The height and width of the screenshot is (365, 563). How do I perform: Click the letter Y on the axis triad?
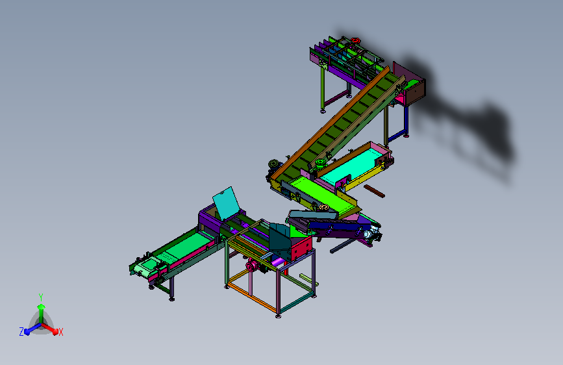pyautogui.click(x=41, y=297)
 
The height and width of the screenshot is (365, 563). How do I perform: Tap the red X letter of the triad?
pyautogui.click(x=60, y=332)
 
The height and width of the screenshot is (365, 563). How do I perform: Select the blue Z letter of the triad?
pyautogui.click(x=21, y=332)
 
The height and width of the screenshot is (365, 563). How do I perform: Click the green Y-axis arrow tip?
pyautogui.click(x=42, y=307)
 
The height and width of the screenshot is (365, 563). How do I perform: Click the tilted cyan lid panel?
pyautogui.click(x=226, y=203)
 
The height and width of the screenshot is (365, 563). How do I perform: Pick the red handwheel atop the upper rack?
pyautogui.click(x=355, y=40)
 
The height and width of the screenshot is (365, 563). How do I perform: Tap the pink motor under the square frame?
pyautogui.click(x=253, y=266)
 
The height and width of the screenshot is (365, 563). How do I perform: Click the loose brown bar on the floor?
pyautogui.click(x=374, y=191)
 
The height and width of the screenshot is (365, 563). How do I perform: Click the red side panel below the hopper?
pyautogui.click(x=301, y=247)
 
